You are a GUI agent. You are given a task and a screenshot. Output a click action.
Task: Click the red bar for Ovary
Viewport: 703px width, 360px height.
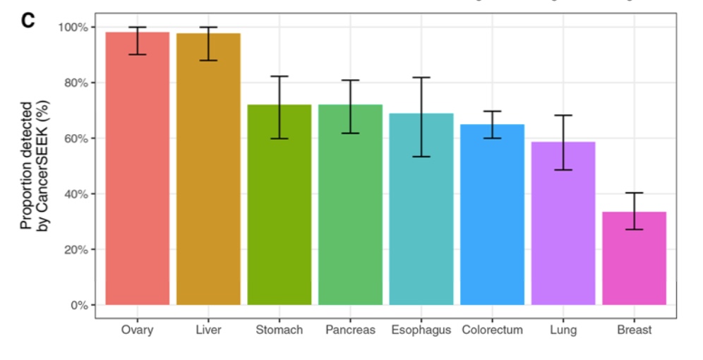point(138,169)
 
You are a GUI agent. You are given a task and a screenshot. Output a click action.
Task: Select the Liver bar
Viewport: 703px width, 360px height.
point(208,169)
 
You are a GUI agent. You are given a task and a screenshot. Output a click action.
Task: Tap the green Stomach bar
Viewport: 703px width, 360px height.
point(280,205)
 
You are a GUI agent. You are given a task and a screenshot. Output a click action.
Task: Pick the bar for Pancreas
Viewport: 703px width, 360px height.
point(350,205)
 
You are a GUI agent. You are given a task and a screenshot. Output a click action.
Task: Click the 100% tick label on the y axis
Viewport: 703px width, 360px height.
point(73,27)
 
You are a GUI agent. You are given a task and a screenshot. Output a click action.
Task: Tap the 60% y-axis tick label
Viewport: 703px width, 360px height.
point(76,138)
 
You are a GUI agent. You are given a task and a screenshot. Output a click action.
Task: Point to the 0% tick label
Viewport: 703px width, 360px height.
point(78,305)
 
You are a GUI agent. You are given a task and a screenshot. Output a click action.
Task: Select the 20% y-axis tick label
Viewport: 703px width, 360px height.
point(76,249)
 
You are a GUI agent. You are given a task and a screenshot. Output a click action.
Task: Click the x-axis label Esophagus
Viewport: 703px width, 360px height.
point(421,330)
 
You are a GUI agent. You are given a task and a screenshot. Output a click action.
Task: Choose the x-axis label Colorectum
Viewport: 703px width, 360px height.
point(492,330)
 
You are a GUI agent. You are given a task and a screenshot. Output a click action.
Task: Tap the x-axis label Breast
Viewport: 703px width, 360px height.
point(634,330)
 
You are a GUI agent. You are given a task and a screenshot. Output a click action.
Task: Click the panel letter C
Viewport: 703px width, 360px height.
point(28,20)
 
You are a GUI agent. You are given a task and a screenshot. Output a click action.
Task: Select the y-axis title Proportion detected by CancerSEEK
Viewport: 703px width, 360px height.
point(33,166)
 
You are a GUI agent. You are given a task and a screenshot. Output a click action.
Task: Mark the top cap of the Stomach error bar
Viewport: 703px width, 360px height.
point(280,76)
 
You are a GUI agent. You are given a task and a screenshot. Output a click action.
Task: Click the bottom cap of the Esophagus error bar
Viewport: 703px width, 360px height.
point(421,157)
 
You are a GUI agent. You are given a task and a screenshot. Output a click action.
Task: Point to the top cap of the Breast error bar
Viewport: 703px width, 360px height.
point(634,193)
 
